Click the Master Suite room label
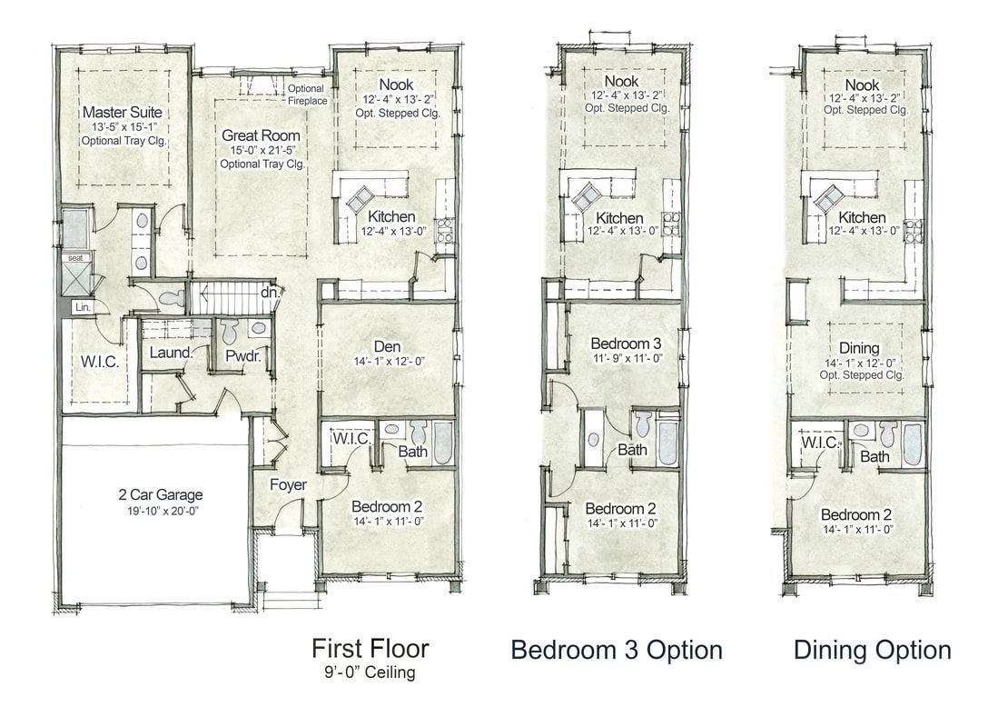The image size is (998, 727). [123, 112]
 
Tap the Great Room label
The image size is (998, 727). [261, 135]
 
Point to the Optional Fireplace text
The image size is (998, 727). [307, 95]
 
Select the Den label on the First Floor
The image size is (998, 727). [387, 346]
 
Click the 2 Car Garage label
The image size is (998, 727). [161, 494]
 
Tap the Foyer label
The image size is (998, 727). [288, 485]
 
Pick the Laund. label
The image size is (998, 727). [171, 353]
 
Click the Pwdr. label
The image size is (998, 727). [243, 355]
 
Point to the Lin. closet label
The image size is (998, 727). [83, 307]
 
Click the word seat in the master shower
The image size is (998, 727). [75, 258]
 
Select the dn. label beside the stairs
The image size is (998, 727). [270, 293]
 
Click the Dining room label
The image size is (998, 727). [859, 348]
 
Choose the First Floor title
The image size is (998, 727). [371, 648]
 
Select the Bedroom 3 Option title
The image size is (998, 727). [617, 650]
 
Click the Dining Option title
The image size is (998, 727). [873, 650]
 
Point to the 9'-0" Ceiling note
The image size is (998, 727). [370, 672]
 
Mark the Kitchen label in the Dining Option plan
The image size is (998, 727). [862, 217]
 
